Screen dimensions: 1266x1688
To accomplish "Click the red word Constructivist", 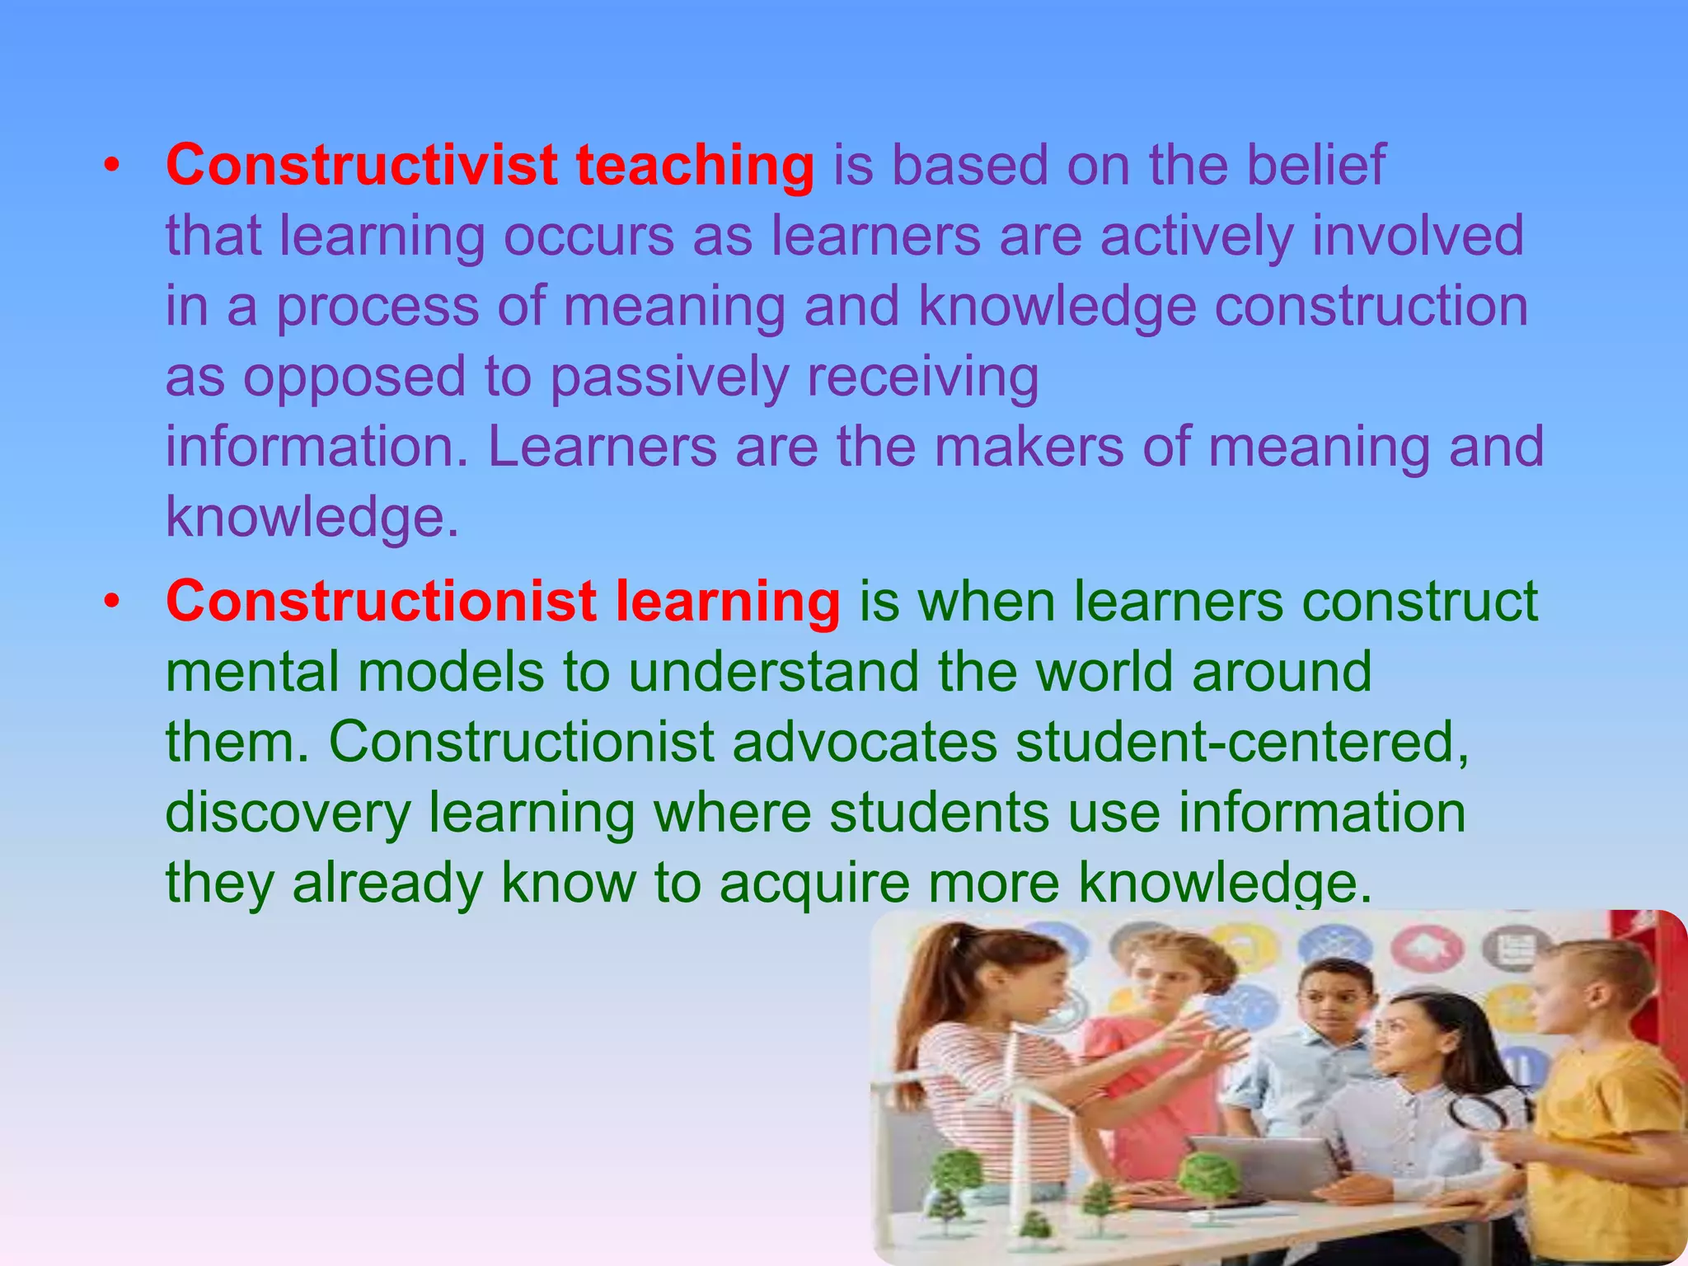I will (x=362, y=165).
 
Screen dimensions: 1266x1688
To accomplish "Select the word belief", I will (x=1315, y=165).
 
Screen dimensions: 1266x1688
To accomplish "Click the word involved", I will (x=1418, y=236).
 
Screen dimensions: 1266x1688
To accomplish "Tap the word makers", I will (x=1029, y=448).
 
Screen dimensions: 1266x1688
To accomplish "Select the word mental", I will (x=252, y=671).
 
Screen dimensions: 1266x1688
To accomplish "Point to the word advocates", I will (x=865, y=742).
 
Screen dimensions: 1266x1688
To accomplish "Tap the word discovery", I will (x=288, y=814).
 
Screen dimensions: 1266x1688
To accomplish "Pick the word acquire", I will (x=814, y=884).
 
